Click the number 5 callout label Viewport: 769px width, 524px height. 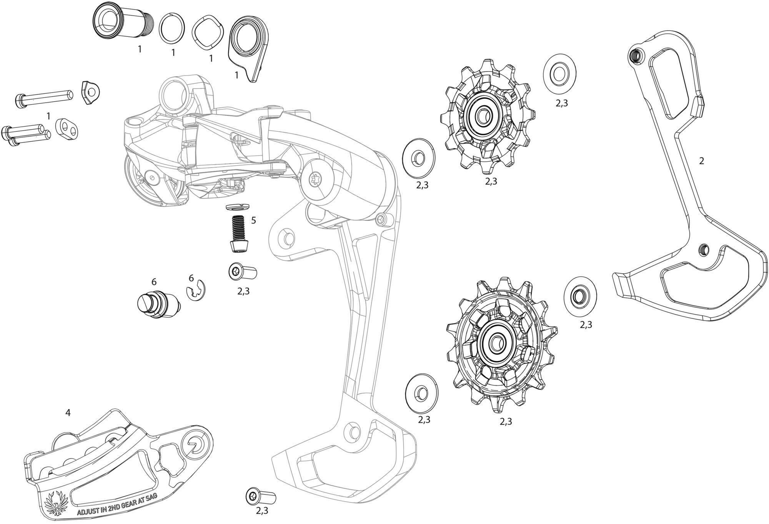pyautogui.click(x=253, y=220)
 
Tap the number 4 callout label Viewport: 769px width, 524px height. pyautogui.click(x=68, y=413)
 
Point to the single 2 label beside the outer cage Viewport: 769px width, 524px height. pyautogui.click(x=701, y=161)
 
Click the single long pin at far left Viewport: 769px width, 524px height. pyautogui.click(x=43, y=98)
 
